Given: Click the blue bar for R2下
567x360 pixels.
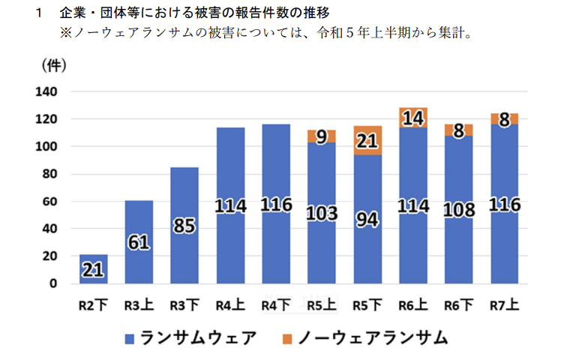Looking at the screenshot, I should coord(94,270).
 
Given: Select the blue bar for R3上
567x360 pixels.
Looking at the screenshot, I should coord(139,242).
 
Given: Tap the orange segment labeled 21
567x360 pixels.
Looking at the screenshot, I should coord(368,140).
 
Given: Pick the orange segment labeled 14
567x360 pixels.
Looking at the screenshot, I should coord(413,118).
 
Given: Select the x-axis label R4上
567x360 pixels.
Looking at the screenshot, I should coord(230,305).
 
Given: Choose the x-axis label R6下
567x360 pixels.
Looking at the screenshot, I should coord(459,305).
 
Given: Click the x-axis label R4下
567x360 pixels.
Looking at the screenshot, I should coord(276,305).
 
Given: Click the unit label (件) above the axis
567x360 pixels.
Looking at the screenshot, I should coord(53,65).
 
